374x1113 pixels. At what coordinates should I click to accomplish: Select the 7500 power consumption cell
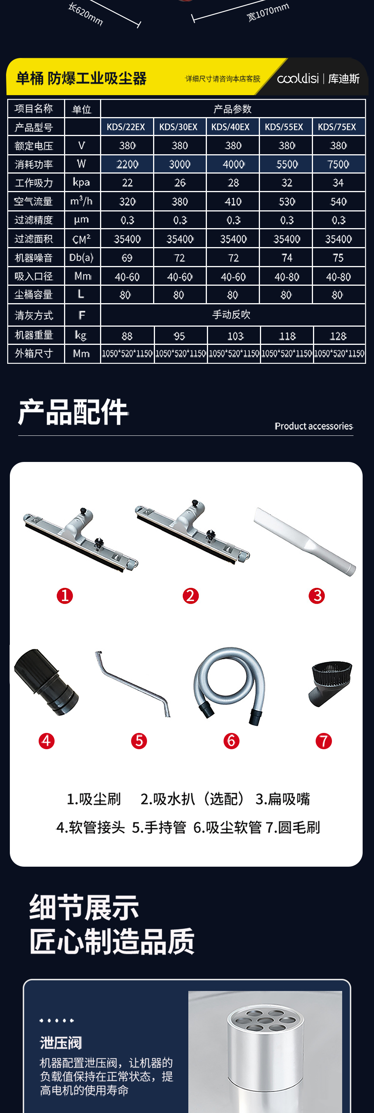pyautogui.click(x=338, y=164)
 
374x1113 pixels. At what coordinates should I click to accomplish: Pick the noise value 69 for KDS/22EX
pyautogui.click(x=127, y=258)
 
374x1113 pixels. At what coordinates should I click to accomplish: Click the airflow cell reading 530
pyautogui.click(x=287, y=202)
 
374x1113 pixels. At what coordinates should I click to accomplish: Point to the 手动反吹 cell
pyautogui.click(x=232, y=315)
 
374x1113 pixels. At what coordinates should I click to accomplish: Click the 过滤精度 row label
pyautogui.click(x=34, y=220)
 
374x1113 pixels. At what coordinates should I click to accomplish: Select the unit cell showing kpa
pyautogui.click(x=81, y=182)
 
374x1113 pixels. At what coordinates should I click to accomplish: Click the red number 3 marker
pyautogui.click(x=316, y=596)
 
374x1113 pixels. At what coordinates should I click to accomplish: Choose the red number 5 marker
pyautogui.click(x=139, y=741)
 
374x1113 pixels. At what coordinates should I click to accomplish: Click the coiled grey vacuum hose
pyautogui.click(x=229, y=685)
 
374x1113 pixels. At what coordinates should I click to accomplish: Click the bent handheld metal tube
pyautogui.click(x=133, y=684)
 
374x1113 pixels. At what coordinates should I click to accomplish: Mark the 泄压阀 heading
pyautogui.click(x=61, y=1043)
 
